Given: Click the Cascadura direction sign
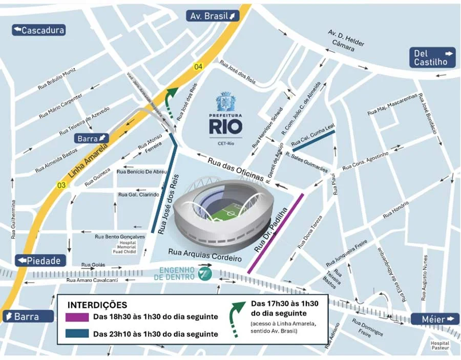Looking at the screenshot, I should (39, 30).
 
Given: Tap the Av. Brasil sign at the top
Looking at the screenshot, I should (213, 16).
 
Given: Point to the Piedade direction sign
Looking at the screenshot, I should (41, 261).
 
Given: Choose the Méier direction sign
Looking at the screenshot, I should (435, 319).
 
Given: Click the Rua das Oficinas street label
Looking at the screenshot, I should (236, 168).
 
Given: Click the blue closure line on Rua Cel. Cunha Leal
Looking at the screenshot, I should (313, 140).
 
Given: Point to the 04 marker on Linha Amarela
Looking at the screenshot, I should (198, 67).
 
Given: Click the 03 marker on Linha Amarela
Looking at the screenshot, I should (61, 185).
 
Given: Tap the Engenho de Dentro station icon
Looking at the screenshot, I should (205, 273).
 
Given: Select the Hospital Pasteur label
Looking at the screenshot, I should (439, 346).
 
